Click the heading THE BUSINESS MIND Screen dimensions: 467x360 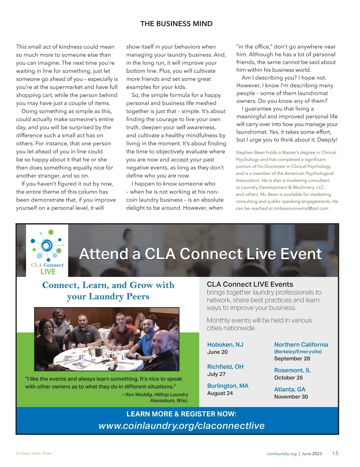tap(176, 24)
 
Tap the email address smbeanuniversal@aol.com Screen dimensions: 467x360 tap(301, 208)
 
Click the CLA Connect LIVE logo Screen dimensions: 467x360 tap(47, 251)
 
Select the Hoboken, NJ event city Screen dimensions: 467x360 tap(225, 344)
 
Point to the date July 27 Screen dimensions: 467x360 tap(216, 374)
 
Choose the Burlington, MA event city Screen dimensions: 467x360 tap(228, 386)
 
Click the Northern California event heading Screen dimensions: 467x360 tap(301, 344)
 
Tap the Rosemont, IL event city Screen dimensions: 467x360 tap(292, 370)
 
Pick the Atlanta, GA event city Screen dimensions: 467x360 tap(289, 389)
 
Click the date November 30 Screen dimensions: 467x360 tap(291, 397)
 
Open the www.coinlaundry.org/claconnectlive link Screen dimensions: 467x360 tap(181, 426)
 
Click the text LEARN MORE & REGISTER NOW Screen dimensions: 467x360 tap(181, 414)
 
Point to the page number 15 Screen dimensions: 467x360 tap(335, 453)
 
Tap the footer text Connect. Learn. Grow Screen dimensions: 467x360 tap(34, 453)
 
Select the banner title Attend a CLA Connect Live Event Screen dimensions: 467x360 tap(200, 254)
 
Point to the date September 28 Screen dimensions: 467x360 tap(292, 358)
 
